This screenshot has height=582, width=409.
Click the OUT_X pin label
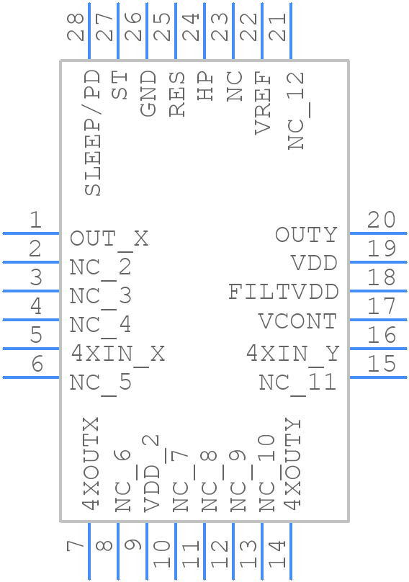tap(109, 238)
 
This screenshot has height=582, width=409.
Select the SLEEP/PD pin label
tap(92, 133)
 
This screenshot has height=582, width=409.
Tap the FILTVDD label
tap(283, 292)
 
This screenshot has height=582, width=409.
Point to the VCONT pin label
tap(297, 321)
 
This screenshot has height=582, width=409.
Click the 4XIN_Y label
tap(292, 354)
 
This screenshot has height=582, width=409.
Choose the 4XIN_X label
tap(117, 354)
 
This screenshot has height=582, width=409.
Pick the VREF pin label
tap(263, 103)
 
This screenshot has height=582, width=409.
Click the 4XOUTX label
tap(90, 463)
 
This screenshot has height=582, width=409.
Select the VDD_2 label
tap(151, 473)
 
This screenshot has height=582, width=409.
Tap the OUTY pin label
tap(306, 235)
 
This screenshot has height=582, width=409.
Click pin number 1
tap(35, 220)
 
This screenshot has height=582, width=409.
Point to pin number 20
tap(381, 220)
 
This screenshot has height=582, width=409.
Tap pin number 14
tap(277, 554)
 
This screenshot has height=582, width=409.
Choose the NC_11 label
tap(297, 382)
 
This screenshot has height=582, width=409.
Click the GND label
tap(148, 93)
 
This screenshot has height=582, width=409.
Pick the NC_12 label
tap(296, 110)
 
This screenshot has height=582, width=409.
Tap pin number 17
tap(381, 306)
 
